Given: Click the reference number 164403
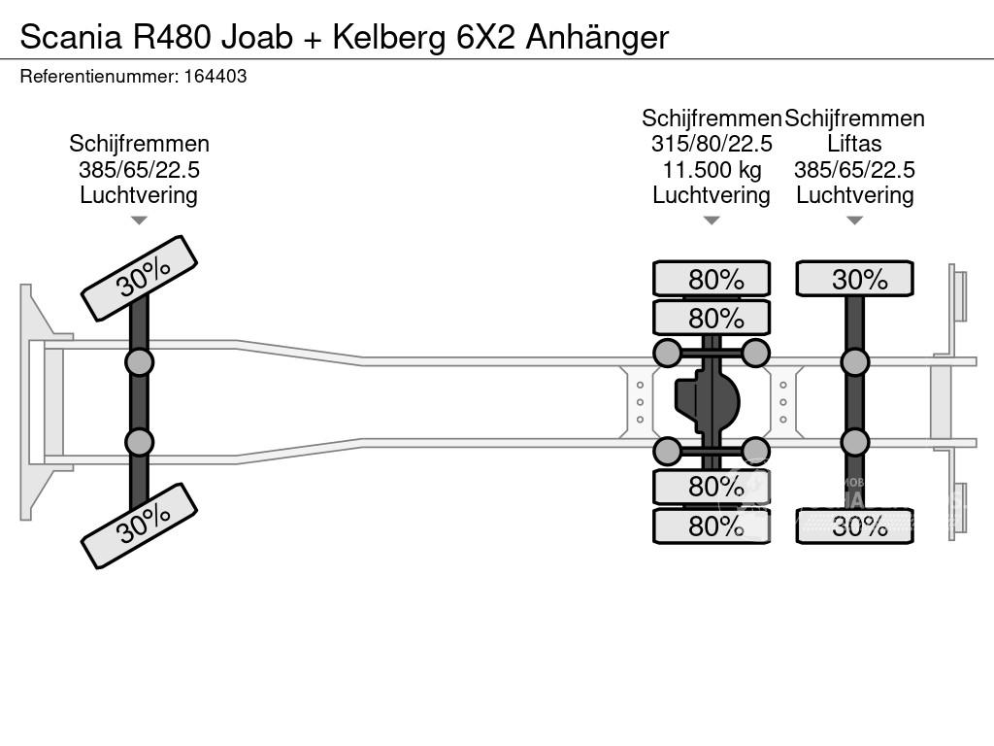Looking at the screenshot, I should pos(215,76).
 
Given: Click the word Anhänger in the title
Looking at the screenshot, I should pos(598,37).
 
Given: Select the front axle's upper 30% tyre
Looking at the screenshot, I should pos(140,278).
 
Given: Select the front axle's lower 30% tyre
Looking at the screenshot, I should pos(140,526).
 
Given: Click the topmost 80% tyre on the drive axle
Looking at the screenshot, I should pos(712,279).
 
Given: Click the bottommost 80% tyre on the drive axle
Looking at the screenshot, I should pos(712,526).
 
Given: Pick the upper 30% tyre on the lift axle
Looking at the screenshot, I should pos(854,279).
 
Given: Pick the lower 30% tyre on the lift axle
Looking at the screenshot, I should pos(854,526).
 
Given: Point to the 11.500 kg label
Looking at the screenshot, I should pos(712,170).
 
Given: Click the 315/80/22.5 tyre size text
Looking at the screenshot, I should pos(712,145).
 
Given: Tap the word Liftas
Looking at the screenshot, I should pos(854,145).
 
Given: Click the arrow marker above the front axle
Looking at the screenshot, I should pos(139,220).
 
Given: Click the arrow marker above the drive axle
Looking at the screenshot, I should pos(712,220).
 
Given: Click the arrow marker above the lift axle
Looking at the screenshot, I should pos(854,220).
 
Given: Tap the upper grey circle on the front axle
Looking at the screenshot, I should pos(139,362).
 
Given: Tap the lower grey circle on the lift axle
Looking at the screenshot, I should pos(854,442).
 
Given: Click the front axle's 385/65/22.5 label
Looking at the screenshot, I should pos(139,170).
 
